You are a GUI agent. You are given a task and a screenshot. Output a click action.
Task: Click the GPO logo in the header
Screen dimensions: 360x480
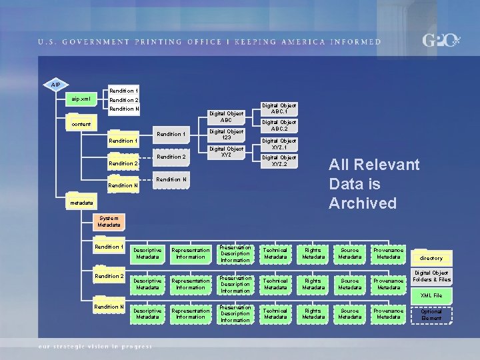pos(441,41)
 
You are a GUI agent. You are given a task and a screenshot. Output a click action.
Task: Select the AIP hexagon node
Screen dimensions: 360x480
pos(57,85)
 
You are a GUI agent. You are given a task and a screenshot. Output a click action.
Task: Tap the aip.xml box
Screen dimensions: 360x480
pos(82,99)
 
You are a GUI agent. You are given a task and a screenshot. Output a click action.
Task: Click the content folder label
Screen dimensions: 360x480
pos(82,124)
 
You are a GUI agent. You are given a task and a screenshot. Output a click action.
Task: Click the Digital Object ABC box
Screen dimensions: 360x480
pos(226,117)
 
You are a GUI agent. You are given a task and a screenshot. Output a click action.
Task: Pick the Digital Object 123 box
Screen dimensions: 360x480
pos(226,135)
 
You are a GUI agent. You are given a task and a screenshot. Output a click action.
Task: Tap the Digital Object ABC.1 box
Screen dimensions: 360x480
pos(279,108)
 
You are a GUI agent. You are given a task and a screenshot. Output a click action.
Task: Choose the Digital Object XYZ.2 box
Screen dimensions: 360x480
pos(279,161)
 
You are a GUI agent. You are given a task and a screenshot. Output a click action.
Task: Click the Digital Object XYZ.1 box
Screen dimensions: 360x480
pos(279,144)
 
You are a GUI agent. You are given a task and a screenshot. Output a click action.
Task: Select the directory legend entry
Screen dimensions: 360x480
pos(431,258)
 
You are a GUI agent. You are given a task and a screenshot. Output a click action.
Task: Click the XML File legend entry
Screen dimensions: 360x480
pos(431,295)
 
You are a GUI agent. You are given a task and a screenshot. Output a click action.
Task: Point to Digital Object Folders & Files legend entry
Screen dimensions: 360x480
pos(431,276)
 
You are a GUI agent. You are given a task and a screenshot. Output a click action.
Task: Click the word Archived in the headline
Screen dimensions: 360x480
pos(363,203)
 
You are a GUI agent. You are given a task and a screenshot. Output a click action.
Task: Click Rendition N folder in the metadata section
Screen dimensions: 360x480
pos(109,307)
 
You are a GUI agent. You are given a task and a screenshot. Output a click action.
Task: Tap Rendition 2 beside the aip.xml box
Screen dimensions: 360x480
pos(124,100)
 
